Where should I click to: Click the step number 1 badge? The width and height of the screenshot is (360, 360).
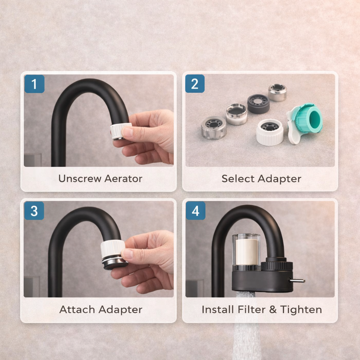[x=34, y=84]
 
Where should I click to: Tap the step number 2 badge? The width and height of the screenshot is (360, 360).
[x=195, y=84]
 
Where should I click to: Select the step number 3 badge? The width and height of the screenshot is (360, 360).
[x=34, y=211]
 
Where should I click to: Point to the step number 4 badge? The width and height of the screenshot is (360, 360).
[x=195, y=211]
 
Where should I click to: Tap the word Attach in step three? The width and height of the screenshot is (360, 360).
[x=77, y=309]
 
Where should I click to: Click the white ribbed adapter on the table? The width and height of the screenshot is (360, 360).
[x=270, y=133]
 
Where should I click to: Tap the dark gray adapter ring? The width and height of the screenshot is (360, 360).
[x=258, y=104]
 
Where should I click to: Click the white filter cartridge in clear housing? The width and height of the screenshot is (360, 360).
[x=247, y=252]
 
